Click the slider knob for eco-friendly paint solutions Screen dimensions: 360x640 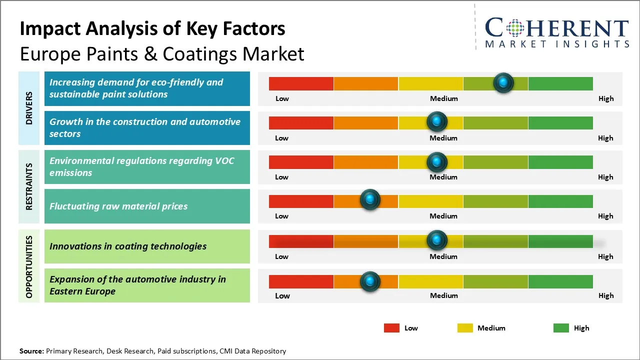click(x=503, y=82)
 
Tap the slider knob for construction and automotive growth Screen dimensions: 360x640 click(x=437, y=121)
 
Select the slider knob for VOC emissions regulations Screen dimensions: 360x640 click(x=437, y=161)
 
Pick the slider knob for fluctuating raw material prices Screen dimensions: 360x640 click(x=370, y=200)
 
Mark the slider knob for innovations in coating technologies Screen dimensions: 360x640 click(x=437, y=240)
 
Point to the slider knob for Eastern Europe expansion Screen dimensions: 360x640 click(x=370, y=281)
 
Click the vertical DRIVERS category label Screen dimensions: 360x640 click(x=29, y=108)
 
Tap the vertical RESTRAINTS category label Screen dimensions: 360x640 click(x=29, y=186)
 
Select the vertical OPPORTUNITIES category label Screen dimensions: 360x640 click(x=29, y=266)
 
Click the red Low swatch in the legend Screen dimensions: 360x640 click(x=391, y=328)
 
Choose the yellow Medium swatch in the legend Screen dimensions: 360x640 click(x=465, y=328)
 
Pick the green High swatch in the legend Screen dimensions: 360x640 click(x=561, y=328)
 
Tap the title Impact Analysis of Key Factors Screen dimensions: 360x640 click(x=152, y=29)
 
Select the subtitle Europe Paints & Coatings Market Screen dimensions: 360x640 click(x=162, y=53)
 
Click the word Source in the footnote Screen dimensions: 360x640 click(x=31, y=351)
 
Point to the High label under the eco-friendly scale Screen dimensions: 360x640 click(x=605, y=98)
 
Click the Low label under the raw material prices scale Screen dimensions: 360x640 click(x=281, y=216)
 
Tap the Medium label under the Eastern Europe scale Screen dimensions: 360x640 click(x=443, y=295)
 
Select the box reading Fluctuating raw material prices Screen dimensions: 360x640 click(x=147, y=206)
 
